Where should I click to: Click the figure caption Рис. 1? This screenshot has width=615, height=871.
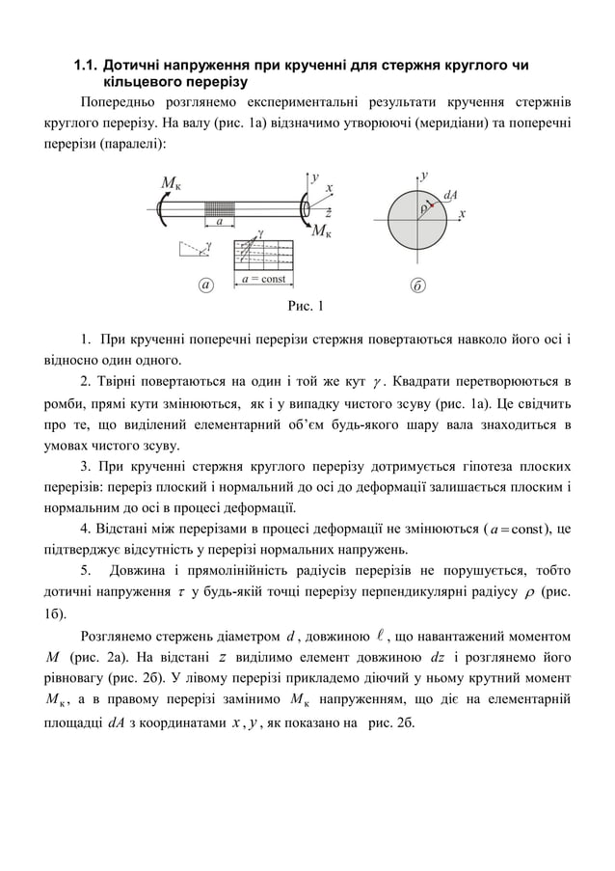click(306, 307)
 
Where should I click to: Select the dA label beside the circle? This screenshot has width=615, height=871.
click(450, 196)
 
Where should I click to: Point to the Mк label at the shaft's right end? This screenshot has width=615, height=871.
click(325, 231)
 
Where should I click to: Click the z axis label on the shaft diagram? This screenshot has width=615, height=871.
click(328, 211)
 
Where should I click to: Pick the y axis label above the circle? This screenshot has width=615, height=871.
click(423, 176)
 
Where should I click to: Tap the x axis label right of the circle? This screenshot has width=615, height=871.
click(464, 214)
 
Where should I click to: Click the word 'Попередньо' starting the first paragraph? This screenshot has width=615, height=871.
click(120, 101)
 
